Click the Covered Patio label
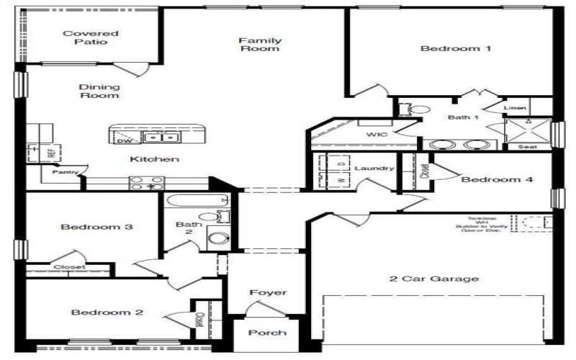(80, 37)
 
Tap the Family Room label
(260, 45)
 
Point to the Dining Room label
(99, 91)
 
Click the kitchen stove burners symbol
(147, 183)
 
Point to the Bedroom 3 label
(96, 228)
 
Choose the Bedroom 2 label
(107, 312)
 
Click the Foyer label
(268, 293)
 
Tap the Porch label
(267, 333)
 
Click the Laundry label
(374, 168)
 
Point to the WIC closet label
(377, 134)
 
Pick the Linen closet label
(515, 109)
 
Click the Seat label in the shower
(527, 146)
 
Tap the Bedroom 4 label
(497, 180)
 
